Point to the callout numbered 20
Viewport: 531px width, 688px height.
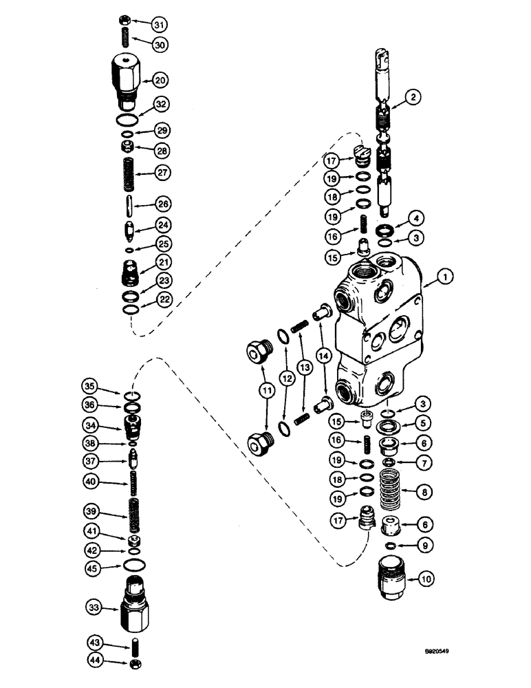coord(160,80)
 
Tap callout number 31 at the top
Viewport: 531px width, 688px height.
coord(160,25)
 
